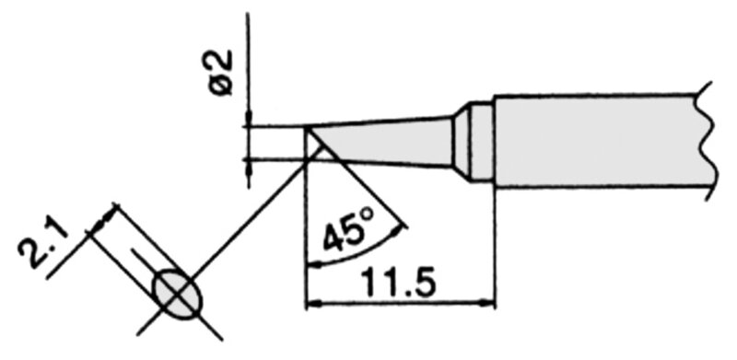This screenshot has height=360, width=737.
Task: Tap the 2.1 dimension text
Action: [x=43, y=244]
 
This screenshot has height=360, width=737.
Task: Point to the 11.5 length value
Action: [x=400, y=284]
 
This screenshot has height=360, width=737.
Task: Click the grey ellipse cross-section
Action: [x=179, y=295]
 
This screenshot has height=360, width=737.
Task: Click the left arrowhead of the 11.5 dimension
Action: [x=313, y=306]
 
